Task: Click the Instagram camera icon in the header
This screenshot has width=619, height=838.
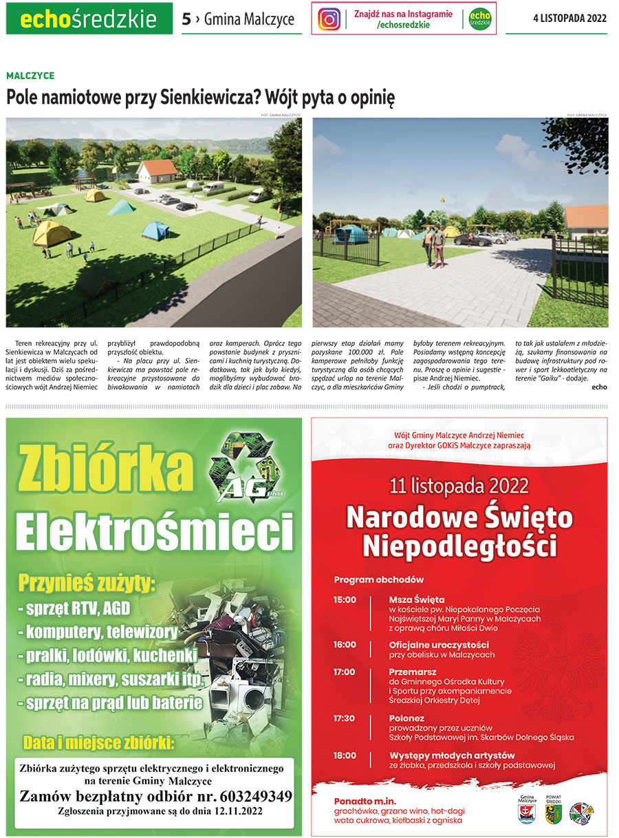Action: click(x=329, y=19)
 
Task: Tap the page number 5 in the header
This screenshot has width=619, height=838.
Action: click(x=186, y=19)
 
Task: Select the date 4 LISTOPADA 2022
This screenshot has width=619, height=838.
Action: click(x=569, y=19)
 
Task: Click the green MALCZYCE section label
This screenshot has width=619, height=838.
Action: click(x=30, y=76)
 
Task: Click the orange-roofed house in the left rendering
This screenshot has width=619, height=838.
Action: click(x=157, y=169)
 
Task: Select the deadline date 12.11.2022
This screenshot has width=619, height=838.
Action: click(x=233, y=811)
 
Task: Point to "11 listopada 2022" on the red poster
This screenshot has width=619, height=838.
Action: click(x=459, y=486)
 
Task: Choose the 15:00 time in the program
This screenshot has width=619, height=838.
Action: click(x=345, y=599)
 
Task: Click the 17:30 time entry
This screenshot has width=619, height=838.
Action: click(x=345, y=718)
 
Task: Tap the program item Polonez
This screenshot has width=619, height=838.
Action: click(x=406, y=718)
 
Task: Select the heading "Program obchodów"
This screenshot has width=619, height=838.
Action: click(x=379, y=579)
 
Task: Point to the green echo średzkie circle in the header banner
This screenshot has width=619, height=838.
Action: click(x=480, y=19)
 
